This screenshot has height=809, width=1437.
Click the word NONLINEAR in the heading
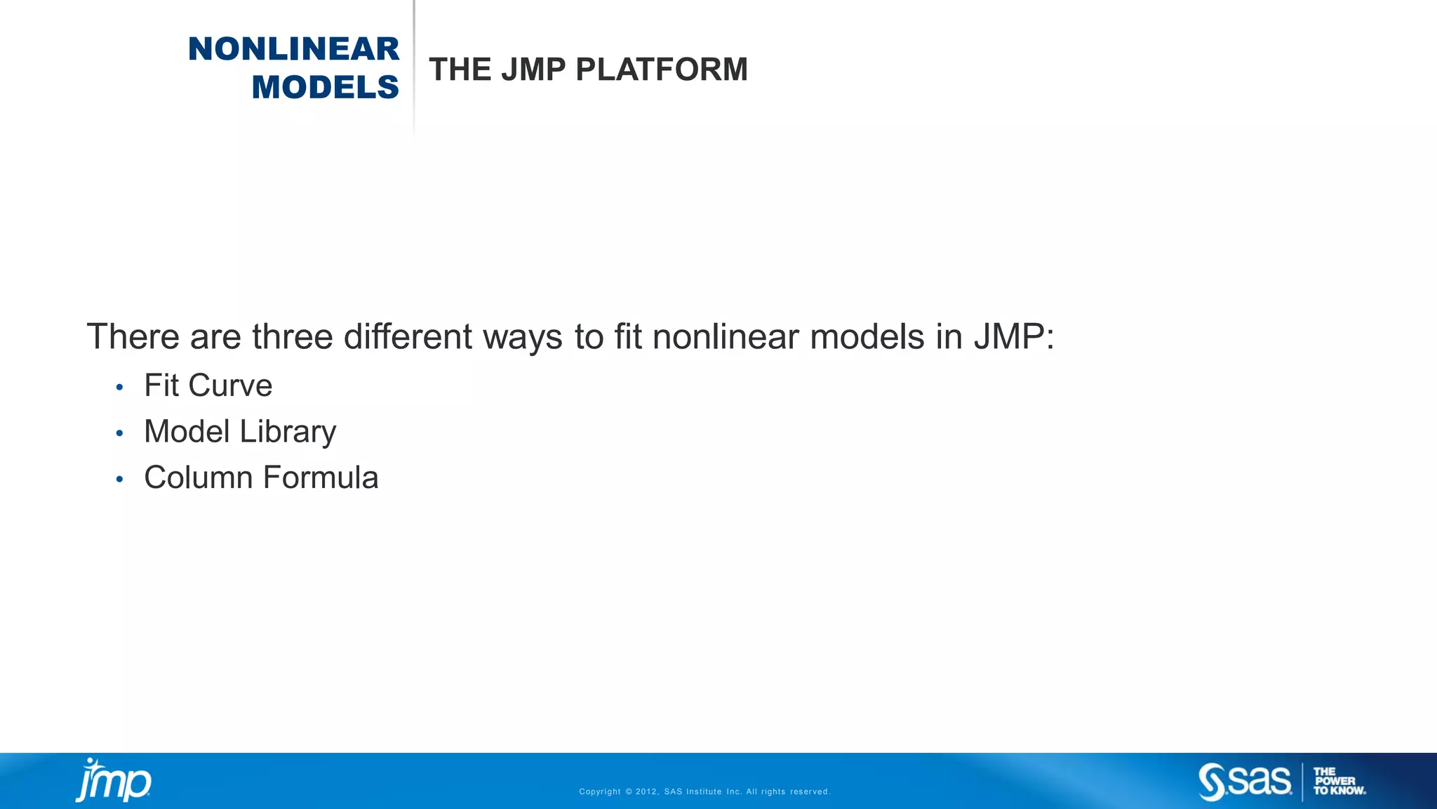(293, 49)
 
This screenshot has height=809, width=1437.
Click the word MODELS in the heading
(325, 87)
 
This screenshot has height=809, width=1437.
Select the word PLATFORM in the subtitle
(662, 70)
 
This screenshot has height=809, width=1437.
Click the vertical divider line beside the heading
(414, 67)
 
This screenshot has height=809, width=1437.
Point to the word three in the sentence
(293, 336)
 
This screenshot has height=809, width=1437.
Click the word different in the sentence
(407, 336)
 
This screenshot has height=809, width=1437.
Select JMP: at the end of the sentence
(1014, 336)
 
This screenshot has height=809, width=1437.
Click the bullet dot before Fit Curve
(120, 387)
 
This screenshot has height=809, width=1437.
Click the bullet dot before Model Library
(120, 433)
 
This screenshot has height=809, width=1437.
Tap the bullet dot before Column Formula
(120, 480)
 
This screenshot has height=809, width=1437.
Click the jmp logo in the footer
(113, 780)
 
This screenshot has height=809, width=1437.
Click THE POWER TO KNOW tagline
(1338, 781)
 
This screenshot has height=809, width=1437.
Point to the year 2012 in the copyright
(646, 791)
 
